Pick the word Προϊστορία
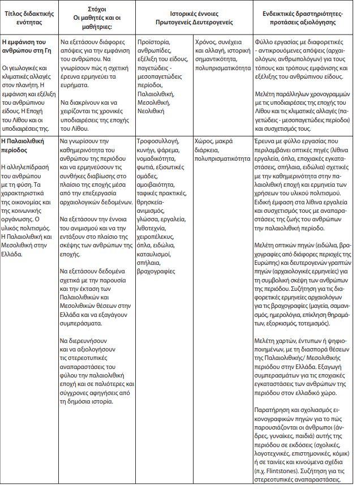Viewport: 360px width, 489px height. pyautogui.click(x=154, y=42)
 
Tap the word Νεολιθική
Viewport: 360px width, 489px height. pyautogui.click(x=151, y=111)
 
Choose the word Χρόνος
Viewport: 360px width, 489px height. pyautogui.click(x=205, y=42)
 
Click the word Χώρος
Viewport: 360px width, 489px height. pyautogui.click(x=204, y=141)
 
